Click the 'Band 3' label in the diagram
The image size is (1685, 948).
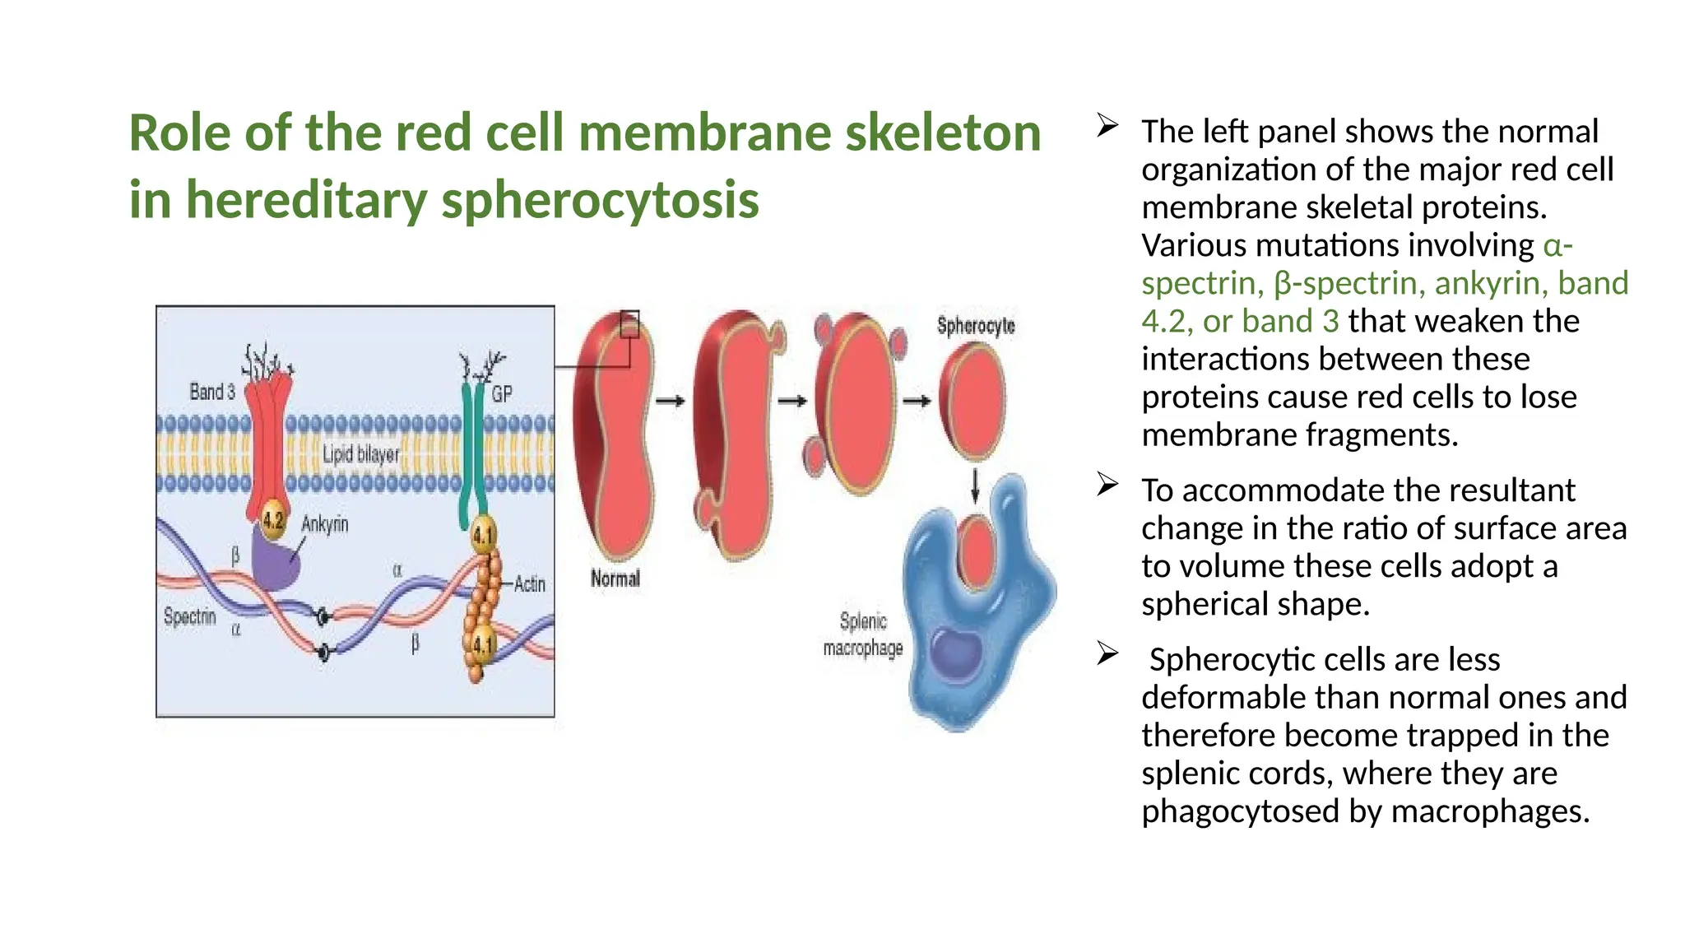211,392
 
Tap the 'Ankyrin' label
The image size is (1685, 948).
324,524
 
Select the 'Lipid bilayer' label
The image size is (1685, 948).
360,453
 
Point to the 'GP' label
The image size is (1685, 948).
501,394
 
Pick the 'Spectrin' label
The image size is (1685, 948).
189,616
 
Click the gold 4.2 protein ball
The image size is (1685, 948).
273,520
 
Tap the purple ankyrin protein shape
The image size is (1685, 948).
275,560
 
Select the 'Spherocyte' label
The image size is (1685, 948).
976,326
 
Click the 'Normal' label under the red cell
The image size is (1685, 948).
615,579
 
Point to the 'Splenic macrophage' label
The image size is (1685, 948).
863,634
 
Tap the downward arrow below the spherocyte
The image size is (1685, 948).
975,486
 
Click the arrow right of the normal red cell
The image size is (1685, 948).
670,401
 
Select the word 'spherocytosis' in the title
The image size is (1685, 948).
600,200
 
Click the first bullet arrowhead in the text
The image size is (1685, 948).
1107,126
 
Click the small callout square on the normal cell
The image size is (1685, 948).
629,324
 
